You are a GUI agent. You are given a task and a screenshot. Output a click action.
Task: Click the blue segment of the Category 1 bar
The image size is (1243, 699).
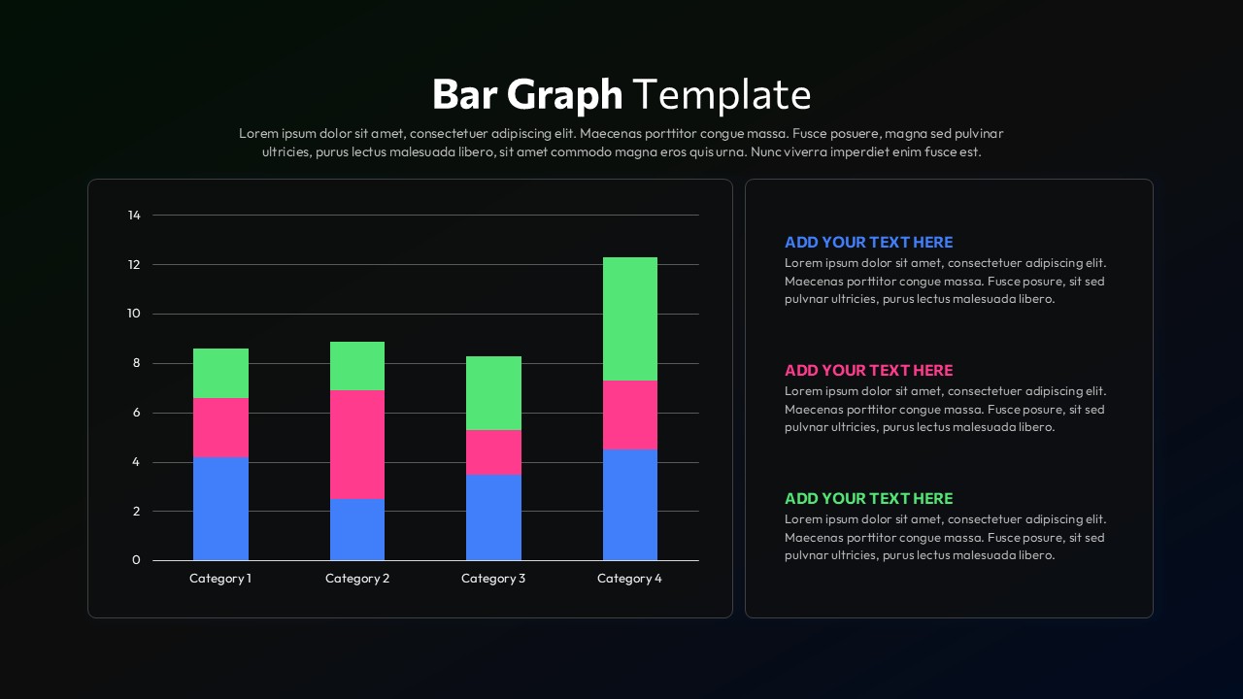point(220,509)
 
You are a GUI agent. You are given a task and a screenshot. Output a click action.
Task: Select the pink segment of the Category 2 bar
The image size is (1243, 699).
point(357,445)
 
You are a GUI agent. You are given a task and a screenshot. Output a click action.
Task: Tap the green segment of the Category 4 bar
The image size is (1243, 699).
point(629,318)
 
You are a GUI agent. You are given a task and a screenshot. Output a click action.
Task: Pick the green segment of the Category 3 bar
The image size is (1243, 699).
point(493,393)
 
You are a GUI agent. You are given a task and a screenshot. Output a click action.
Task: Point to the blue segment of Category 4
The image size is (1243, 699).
point(629,505)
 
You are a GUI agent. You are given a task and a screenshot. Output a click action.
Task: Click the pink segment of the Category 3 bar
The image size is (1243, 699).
point(493,452)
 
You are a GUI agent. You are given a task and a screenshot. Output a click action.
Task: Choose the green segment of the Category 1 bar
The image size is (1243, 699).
point(220,373)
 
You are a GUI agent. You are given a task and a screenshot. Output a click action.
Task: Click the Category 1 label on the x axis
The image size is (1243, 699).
point(220,579)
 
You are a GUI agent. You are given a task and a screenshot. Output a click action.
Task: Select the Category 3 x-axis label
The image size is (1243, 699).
point(493,579)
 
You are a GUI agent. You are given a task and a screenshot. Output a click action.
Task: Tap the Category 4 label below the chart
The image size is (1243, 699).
point(629,579)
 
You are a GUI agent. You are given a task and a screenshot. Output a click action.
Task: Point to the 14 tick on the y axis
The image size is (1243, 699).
point(134,216)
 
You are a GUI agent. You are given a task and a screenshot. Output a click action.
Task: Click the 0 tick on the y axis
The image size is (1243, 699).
point(136,560)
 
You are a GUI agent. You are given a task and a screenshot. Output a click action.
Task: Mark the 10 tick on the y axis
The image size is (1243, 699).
point(134,314)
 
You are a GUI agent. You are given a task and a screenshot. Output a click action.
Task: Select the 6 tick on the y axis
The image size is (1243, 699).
point(136,413)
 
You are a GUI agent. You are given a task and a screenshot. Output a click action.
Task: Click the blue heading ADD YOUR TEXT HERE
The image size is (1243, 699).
point(868,243)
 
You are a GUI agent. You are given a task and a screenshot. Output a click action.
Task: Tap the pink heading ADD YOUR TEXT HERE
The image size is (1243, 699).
point(868,371)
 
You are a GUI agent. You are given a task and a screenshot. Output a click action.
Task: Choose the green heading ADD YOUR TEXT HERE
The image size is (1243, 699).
point(868,499)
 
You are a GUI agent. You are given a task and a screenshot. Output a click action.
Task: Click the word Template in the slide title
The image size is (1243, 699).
point(722,95)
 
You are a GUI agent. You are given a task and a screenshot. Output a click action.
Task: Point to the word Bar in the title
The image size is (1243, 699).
point(464,95)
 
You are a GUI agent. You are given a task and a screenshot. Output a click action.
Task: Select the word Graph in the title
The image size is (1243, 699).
point(564,95)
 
